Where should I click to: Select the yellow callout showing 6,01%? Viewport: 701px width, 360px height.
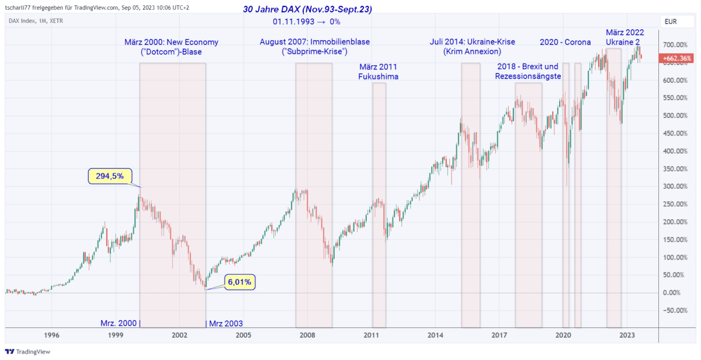point(240,282)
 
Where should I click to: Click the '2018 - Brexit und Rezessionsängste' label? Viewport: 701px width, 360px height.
point(528,71)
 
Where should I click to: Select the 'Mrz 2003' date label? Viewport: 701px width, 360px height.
point(225,323)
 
